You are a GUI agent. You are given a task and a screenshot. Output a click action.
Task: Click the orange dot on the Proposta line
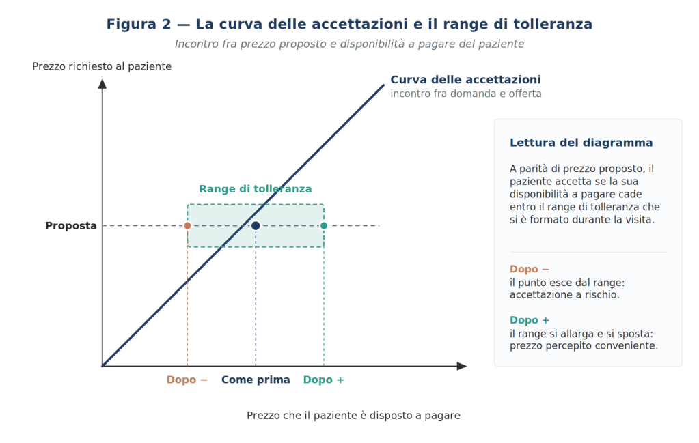coord(188,226)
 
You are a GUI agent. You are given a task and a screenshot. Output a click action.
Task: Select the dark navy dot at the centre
coord(256,226)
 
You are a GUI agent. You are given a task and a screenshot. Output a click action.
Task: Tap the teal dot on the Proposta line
coord(324,226)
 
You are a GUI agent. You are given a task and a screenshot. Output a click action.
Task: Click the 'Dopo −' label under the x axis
coord(187,380)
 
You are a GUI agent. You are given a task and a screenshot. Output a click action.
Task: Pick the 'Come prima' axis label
coord(256,380)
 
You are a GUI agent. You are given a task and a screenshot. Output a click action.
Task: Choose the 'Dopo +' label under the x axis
coord(324,380)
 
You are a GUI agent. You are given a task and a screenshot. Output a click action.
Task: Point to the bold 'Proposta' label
coord(71,226)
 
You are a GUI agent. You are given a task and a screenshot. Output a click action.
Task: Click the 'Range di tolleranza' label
coord(256,189)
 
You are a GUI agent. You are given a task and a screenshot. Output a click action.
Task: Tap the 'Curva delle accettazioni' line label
coord(465,80)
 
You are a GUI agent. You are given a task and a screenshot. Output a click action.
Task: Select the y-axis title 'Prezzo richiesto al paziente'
coord(102,66)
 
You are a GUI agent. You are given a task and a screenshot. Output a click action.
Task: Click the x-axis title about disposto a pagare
coord(353,416)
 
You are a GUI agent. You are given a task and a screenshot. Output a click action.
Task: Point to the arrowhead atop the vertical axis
coord(102,83)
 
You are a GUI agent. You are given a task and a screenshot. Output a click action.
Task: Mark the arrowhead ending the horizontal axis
coord(462,366)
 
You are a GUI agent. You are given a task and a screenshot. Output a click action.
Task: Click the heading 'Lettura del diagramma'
coord(581,143)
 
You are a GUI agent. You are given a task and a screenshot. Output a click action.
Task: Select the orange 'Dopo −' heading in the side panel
coord(529,269)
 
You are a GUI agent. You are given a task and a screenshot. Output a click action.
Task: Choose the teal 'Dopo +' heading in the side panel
coord(529,320)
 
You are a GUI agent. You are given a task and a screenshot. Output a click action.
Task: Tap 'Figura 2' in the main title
coord(139,24)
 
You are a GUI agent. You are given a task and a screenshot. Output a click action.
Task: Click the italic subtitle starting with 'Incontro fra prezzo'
coord(349,44)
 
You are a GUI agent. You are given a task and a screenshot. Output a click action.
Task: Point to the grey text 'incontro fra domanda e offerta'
coord(466,94)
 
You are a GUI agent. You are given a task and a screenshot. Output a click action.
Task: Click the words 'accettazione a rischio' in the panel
coord(563,295)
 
